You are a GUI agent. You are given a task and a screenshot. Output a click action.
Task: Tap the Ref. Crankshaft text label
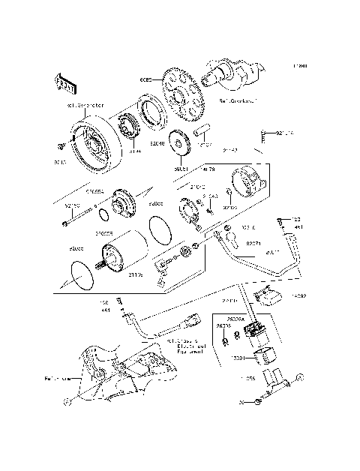(238, 100)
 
